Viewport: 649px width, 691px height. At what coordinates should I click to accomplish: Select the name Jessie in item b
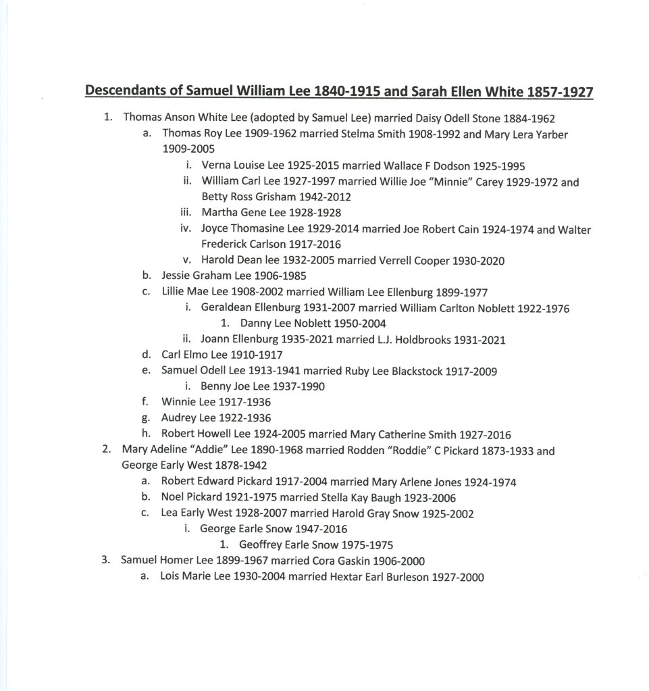[x=176, y=276]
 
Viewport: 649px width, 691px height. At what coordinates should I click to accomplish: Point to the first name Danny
[x=255, y=324]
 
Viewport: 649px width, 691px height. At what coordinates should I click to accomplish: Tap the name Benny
[x=216, y=387]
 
